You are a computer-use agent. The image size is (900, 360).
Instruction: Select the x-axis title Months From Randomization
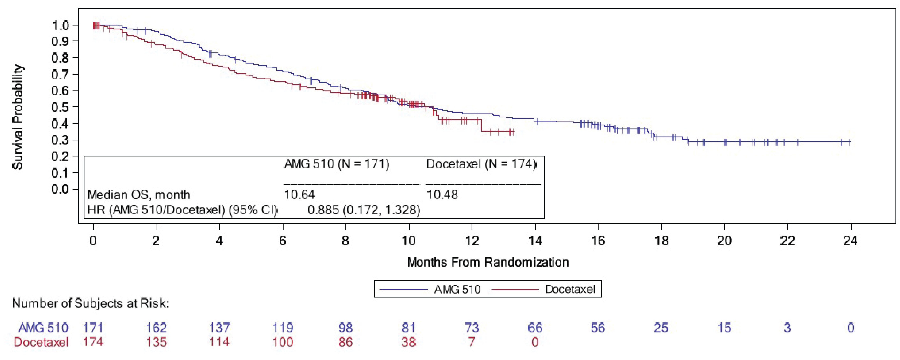click(x=488, y=262)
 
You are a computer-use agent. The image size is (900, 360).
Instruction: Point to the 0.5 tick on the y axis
click(x=60, y=107)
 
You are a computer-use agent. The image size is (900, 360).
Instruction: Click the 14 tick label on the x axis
click(x=535, y=241)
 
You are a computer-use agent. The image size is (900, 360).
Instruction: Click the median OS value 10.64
click(x=299, y=195)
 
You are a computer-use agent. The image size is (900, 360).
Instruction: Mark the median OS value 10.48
click(x=442, y=195)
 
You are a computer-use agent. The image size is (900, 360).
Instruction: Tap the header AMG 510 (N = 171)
click(x=336, y=164)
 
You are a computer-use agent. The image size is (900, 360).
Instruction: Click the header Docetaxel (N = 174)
click(x=481, y=164)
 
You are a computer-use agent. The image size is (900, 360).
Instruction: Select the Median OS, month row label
click(x=139, y=195)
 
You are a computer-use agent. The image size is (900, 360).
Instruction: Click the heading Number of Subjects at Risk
click(x=90, y=303)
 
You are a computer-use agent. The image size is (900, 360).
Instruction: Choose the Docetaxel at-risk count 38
click(x=408, y=342)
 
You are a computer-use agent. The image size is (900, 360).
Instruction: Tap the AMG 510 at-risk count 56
click(x=598, y=328)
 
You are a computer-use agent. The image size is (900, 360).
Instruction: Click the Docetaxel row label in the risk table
click(x=41, y=342)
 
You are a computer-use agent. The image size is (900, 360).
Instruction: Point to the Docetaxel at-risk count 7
click(x=472, y=342)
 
